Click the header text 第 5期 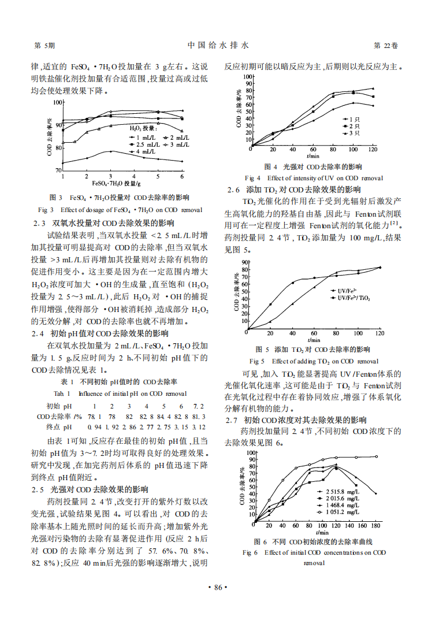(x=45, y=45)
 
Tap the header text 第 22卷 (x=386, y=45)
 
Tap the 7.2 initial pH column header (x=198, y=406)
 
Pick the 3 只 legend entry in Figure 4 (x=352, y=133)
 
